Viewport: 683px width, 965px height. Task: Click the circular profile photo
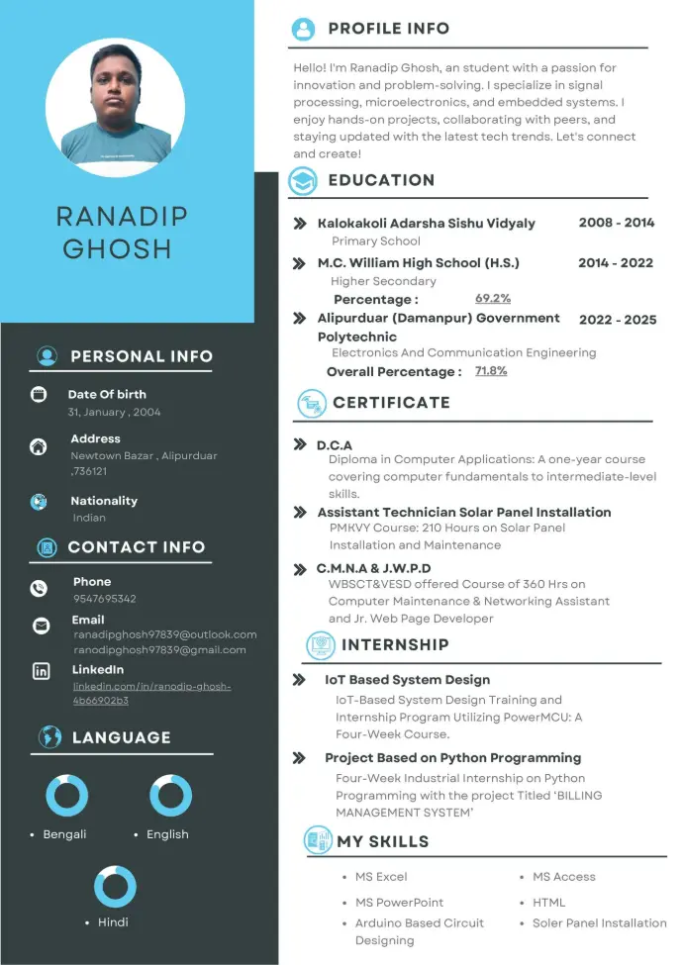[x=115, y=108]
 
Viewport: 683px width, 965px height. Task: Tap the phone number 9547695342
[x=104, y=599]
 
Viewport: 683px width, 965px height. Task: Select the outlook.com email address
[x=165, y=634]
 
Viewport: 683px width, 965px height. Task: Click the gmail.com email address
[x=159, y=650]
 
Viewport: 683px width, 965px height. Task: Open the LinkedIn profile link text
[x=151, y=693]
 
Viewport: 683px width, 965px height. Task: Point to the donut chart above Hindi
[x=115, y=887]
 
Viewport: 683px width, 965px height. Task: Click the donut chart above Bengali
[x=66, y=796]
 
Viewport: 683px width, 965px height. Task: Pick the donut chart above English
[x=170, y=796]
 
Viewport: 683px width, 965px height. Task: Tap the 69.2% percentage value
[x=493, y=298]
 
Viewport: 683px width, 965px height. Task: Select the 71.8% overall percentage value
[x=491, y=371]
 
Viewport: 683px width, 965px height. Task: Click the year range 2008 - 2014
[x=617, y=223]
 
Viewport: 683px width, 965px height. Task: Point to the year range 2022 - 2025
[x=618, y=320]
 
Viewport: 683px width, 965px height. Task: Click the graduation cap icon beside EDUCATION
[x=303, y=181]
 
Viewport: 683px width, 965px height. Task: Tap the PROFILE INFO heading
[x=388, y=29]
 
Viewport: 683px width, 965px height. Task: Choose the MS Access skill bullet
[x=563, y=877]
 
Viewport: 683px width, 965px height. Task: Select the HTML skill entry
[x=548, y=903]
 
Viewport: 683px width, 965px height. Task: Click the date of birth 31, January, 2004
[x=114, y=412]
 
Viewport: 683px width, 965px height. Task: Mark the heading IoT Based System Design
[x=407, y=680]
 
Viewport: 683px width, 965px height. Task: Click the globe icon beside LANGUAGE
[x=49, y=737]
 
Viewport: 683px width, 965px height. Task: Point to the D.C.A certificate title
[x=335, y=445]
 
